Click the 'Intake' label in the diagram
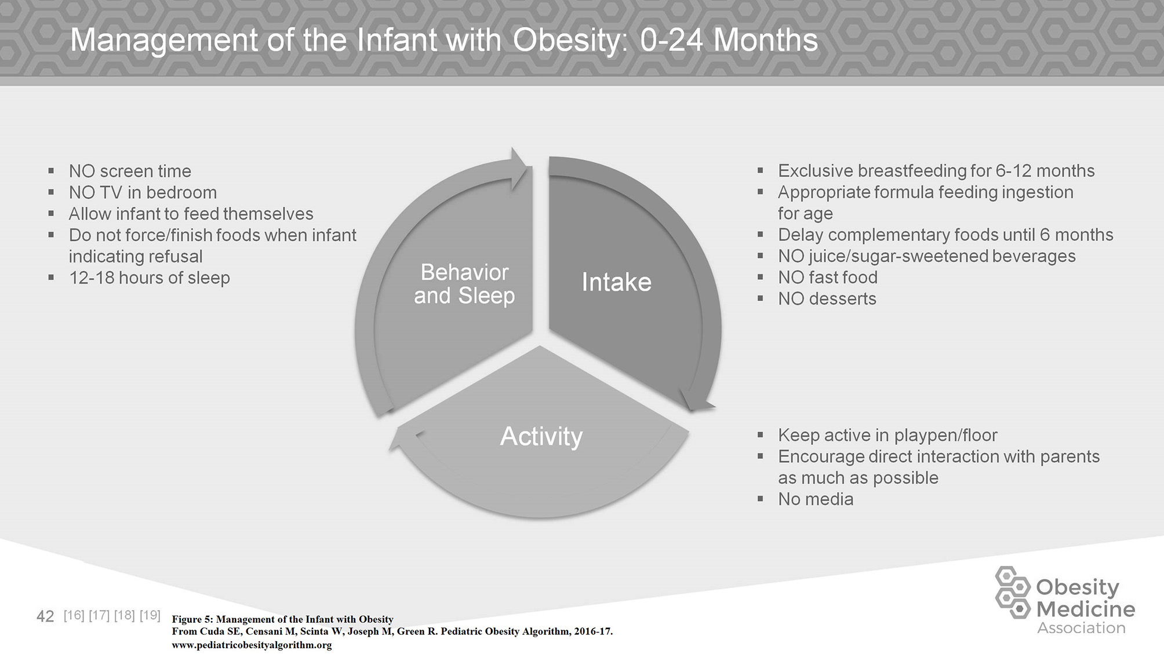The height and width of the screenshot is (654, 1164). [616, 282]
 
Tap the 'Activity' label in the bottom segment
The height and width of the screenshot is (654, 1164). [541, 437]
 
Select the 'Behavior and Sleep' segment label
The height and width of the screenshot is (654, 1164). [464, 284]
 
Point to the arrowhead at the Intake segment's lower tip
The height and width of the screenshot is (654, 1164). [696, 401]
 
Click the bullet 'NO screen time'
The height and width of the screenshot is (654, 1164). [130, 171]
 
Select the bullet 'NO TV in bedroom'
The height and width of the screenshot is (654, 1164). [143, 192]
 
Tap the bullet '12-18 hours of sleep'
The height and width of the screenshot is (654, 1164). [150, 278]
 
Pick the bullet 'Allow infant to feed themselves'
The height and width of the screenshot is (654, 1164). [191, 214]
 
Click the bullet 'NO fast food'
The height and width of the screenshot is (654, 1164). [827, 277]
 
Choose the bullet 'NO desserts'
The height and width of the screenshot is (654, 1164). [827, 299]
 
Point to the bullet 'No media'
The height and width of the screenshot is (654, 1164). [815, 499]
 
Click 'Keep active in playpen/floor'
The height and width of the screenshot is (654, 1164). [887, 436]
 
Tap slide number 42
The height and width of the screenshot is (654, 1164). [45, 616]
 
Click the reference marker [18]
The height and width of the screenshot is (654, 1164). [125, 615]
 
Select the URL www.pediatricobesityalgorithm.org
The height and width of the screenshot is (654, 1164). [252, 645]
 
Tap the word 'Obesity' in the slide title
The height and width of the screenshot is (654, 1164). [566, 41]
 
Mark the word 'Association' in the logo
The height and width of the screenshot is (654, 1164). [1081, 628]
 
